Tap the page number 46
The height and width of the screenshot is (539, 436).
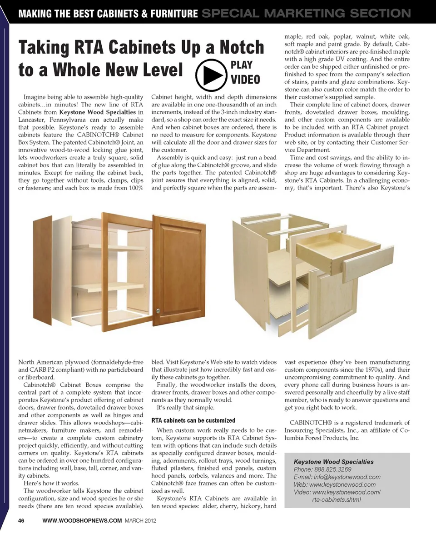tap(21, 520)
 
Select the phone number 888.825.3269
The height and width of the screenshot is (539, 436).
tap(332, 469)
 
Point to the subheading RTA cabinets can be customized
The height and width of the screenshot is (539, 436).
tap(193, 420)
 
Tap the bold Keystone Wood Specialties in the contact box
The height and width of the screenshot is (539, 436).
tap(334, 461)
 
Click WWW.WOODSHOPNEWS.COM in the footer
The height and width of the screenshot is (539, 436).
tap(82, 520)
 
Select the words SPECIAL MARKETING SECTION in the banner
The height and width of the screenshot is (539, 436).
tap(306, 13)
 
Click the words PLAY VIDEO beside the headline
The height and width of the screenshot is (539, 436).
tap(245, 72)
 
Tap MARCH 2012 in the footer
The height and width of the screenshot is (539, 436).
tap(140, 520)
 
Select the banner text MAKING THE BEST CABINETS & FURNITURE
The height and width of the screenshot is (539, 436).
tap(108, 14)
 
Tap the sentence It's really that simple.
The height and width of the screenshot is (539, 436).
tap(183, 408)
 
